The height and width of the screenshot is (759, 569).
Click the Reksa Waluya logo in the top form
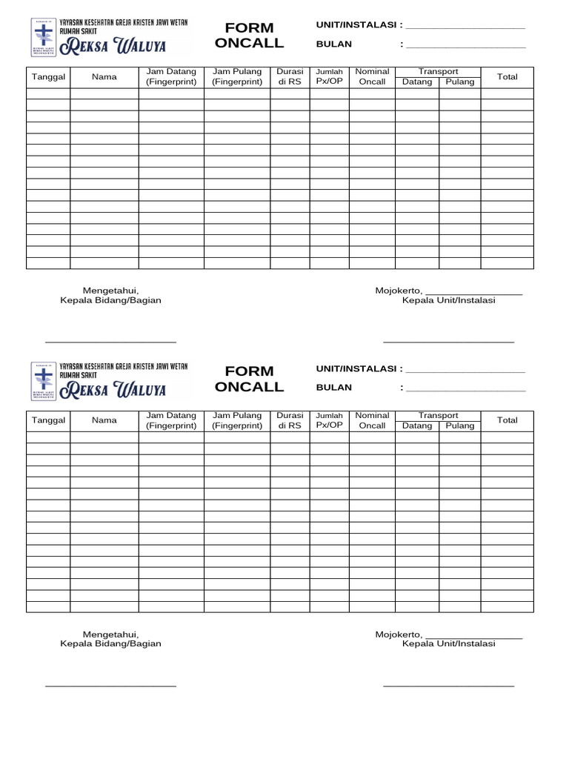pyautogui.click(x=109, y=38)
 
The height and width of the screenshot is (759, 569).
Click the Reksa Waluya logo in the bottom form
pyautogui.click(x=109, y=381)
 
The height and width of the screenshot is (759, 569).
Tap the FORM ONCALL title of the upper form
pyautogui.click(x=249, y=36)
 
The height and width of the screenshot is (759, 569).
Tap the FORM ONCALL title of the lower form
pyautogui.click(x=249, y=379)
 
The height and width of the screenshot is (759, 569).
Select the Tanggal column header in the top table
pyautogui.click(x=48, y=77)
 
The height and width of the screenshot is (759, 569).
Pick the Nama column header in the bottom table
pyautogui.click(x=104, y=420)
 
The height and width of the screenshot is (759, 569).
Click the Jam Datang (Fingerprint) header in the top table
pyautogui.click(x=171, y=77)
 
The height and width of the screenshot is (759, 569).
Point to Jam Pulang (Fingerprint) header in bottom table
pyautogui.click(x=237, y=420)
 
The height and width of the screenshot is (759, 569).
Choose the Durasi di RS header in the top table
pyautogui.click(x=290, y=77)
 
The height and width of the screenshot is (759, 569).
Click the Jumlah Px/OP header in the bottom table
pyautogui.click(x=330, y=420)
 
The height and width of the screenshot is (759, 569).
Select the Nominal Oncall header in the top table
pyautogui.click(x=372, y=77)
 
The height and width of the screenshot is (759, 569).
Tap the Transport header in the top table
pyautogui.click(x=438, y=72)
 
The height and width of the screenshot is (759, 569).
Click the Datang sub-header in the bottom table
pyautogui.click(x=417, y=425)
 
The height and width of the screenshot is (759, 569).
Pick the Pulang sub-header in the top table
pyautogui.click(x=460, y=82)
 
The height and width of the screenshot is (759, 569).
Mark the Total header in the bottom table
pyautogui.click(x=508, y=420)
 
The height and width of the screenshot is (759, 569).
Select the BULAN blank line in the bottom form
pyautogui.click(x=465, y=389)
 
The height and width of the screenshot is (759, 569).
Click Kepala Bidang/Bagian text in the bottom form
pyautogui.click(x=110, y=644)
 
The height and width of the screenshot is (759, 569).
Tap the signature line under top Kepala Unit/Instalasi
pyautogui.click(x=448, y=342)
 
